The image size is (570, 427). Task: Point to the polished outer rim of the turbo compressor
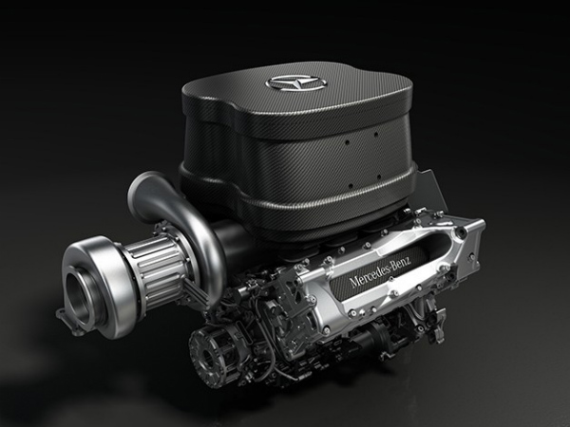click(x=66, y=285)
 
